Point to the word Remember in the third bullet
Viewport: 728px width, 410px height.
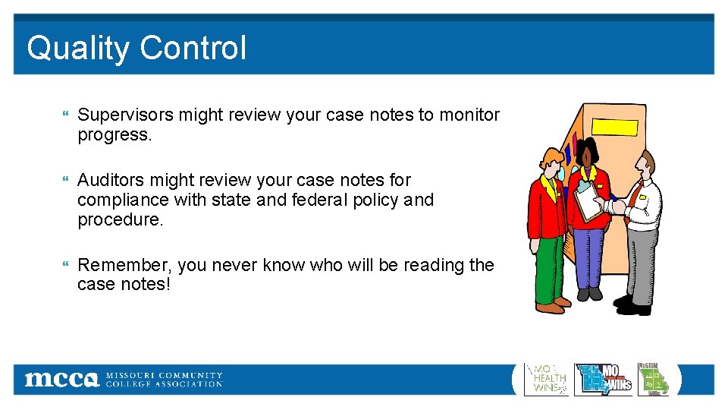126,265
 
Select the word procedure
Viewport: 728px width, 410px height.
120,220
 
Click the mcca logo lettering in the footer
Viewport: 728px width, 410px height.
61,379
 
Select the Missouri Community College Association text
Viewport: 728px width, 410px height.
164,380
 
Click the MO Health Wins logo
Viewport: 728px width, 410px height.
546,379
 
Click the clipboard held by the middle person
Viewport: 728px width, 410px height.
588,200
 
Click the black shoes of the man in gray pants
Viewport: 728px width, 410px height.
632,305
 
